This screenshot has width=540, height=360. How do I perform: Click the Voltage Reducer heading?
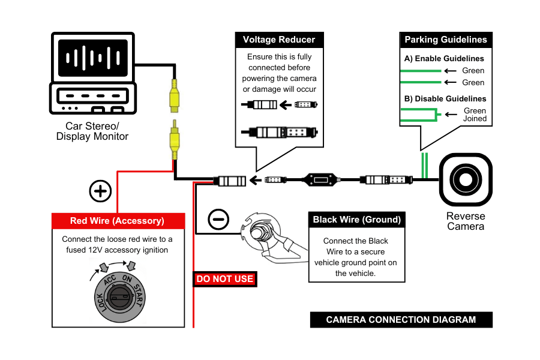[279, 40]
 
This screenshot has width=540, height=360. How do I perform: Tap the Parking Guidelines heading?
[445, 40]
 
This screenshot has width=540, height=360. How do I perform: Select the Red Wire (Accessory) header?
[117, 221]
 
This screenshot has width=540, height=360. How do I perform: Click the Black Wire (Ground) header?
[356, 220]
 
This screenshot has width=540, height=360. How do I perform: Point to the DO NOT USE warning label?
[225, 279]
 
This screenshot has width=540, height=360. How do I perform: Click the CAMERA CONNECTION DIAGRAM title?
[401, 320]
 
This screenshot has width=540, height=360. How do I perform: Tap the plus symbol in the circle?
[100, 191]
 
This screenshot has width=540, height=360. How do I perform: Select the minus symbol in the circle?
[218, 220]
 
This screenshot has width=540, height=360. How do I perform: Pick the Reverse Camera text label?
[466, 221]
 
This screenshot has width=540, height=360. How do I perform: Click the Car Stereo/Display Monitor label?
[92, 131]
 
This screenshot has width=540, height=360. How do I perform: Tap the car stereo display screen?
[92, 58]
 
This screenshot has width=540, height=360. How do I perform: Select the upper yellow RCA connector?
[174, 96]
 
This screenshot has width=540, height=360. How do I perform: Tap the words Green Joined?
[475, 115]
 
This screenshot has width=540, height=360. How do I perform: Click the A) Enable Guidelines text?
[444, 59]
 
